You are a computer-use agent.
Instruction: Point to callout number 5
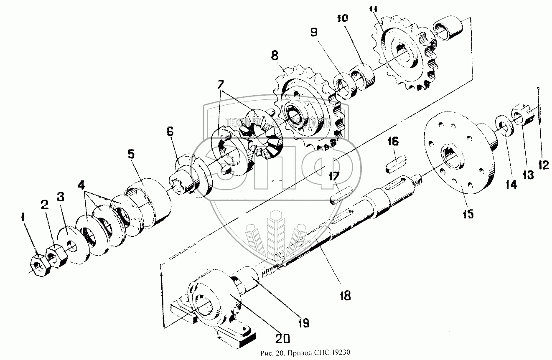pyautogui.click(x=131, y=155)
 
